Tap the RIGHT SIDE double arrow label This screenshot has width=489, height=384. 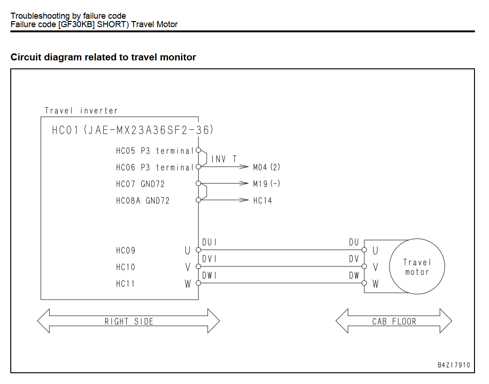[129, 322]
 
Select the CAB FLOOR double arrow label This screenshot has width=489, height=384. [394, 322]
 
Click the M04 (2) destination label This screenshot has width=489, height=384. [266, 167]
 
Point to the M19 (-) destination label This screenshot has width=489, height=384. [266, 184]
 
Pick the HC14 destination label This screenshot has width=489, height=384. [263, 200]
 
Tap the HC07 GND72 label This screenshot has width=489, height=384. [140, 184]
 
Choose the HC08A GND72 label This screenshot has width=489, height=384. [143, 200]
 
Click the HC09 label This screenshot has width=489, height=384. [126, 251]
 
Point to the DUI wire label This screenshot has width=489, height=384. [209, 242]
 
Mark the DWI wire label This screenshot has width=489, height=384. [209, 275]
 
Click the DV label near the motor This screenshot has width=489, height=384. [354, 258]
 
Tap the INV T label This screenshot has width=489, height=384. [224, 159]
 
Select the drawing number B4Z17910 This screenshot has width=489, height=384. [454, 365]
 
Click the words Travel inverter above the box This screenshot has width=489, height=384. [81, 111]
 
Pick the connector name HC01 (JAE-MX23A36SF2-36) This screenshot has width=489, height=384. [133, 130]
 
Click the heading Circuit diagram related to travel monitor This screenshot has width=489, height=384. [103, 57]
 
